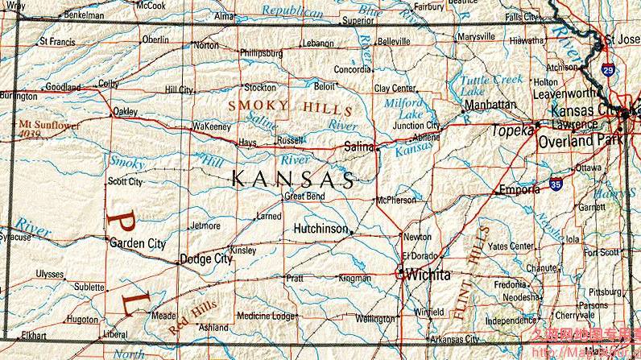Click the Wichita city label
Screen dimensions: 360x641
coord(428,275)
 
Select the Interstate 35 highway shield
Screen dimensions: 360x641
coord(556,184)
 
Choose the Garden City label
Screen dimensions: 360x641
coord(138,243)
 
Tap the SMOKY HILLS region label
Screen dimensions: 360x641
coord(290,107)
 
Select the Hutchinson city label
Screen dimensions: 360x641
coord(320,229)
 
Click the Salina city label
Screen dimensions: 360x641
coord(359,147)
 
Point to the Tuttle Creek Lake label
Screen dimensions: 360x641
coord(490,85)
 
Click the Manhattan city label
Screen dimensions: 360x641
coord(490,105)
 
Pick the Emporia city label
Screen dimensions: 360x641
coord(520,190)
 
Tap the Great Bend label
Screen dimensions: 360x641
coord(304,196)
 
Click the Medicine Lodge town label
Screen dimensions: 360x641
coord(266,316)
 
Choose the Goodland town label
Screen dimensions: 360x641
coord(64,87)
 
